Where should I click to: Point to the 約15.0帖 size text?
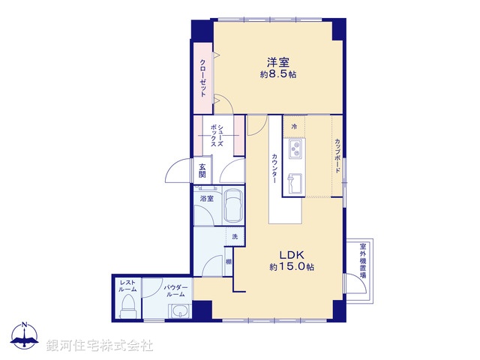tap(292, 267)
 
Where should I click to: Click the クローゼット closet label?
tap(202, 77)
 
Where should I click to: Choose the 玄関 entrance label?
tap(202, 170)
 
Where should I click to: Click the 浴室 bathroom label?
tap(206, 199)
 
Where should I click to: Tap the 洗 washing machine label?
tap(234, 238)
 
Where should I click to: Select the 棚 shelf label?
tap(227, 262)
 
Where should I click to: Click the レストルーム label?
tap(127, 286)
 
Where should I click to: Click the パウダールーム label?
tap(175, 290)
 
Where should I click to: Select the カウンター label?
tap(274, 169)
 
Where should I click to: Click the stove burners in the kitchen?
tap(295, 148)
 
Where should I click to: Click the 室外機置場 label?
tap(362, 260)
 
